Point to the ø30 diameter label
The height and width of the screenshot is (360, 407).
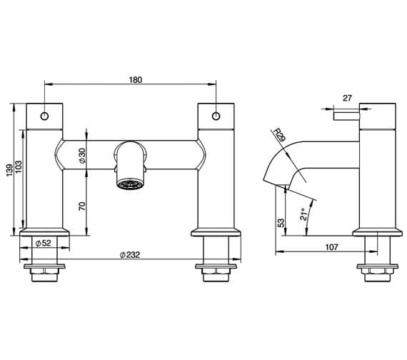(82, 156)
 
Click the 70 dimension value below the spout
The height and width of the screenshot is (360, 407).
(82, 208)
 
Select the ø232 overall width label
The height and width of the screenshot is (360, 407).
(130, 254)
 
